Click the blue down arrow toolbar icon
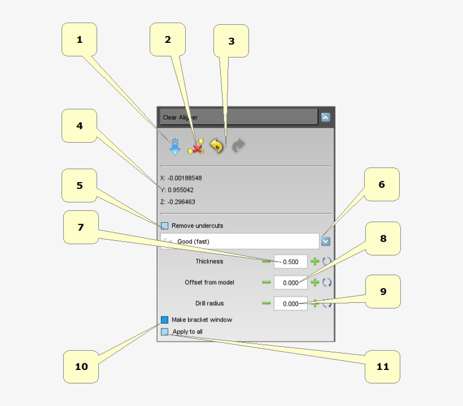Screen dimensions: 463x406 tap(175, 147)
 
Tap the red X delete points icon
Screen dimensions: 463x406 tap(196, 147)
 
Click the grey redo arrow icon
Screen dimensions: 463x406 tap(238, 145)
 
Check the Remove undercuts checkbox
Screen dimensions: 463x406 tap(164, 226)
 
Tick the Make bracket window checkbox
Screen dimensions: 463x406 tap(164, 320)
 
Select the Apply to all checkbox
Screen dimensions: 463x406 tap(164, 332)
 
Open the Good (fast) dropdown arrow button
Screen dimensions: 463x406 tap(325, 241)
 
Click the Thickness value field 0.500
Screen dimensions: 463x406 tap(291, 262)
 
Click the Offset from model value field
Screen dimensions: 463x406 tap(291, 283)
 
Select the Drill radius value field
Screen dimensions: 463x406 tap(291, 303)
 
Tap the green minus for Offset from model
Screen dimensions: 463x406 tap(267, 282)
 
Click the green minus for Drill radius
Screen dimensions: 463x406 tap(267, 303)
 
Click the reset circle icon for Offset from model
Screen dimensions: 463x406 tap(327, 282)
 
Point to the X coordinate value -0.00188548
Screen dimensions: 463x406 tap(185, 178)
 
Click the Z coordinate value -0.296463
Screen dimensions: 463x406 tap(181, 202)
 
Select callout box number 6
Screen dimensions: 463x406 tap(382, 184)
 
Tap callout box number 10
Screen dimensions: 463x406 tap(81, 367)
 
